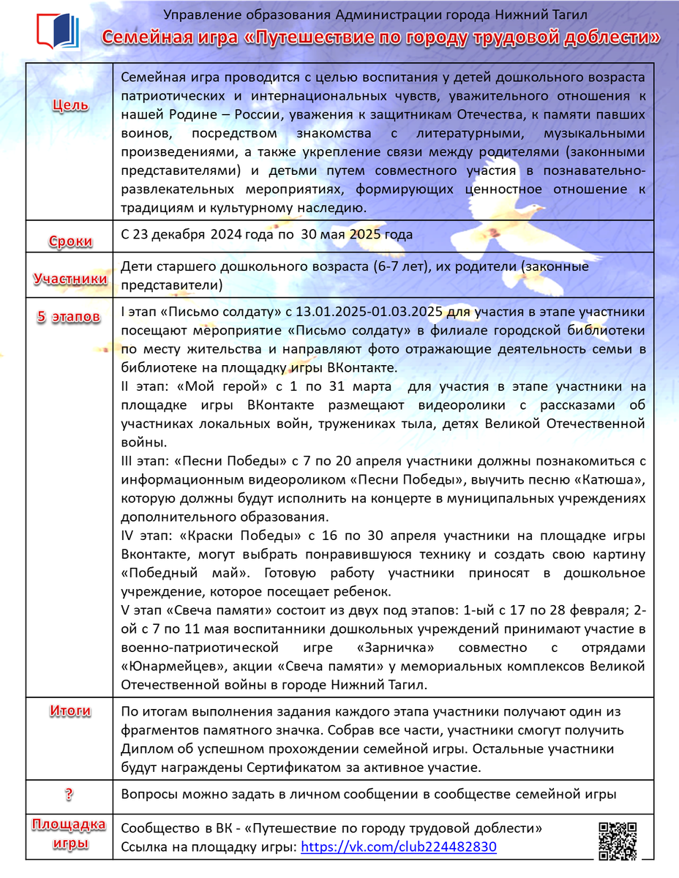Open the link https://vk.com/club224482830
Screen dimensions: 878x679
pos(399,847)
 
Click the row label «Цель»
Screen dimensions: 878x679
pos(71,105)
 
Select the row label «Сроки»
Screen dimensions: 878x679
pos(71,241)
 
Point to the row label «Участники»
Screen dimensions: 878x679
pos(71,279)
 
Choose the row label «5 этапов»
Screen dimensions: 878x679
pos(71,317)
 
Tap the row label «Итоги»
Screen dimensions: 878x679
pos(71,710)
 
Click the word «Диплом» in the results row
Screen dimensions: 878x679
pos(146,748)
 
